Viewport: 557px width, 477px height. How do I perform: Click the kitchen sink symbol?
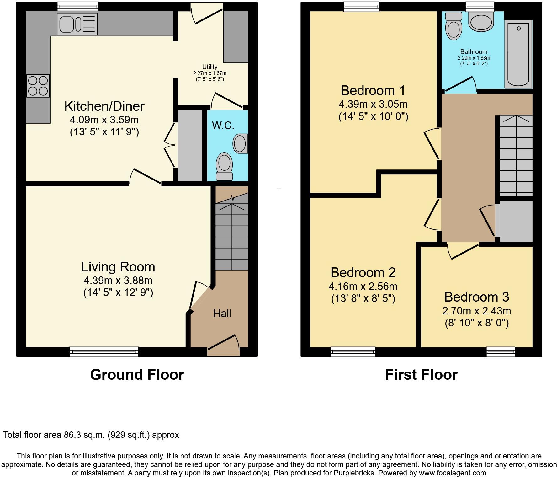(x=77, y=24)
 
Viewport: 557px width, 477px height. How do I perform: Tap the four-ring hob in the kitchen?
(x=38, y=86)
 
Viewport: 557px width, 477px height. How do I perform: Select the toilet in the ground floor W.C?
(x=224, y=166)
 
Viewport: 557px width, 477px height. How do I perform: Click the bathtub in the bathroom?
(x=518, y=54)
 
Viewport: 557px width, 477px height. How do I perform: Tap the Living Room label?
(x=118, y=267)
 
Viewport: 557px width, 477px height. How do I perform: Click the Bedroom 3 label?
(x=476, y=297)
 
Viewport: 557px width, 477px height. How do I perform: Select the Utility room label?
(x=210, y=67)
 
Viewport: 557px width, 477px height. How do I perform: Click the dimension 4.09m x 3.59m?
(x=104, y=120)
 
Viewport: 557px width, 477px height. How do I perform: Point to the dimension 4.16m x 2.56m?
(x=363, y=286)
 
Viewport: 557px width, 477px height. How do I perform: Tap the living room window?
(x=104, y=352)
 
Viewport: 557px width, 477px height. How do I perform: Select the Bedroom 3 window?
(x=501, y=352)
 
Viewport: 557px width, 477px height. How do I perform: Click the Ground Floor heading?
(x=137, y=375)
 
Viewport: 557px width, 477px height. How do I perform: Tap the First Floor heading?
(x=421, y=375)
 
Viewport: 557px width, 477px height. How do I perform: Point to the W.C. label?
(x=223, y=126)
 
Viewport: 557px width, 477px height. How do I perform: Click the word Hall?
(x=222, y=313)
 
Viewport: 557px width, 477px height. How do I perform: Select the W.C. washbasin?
(x=241, y=144)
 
